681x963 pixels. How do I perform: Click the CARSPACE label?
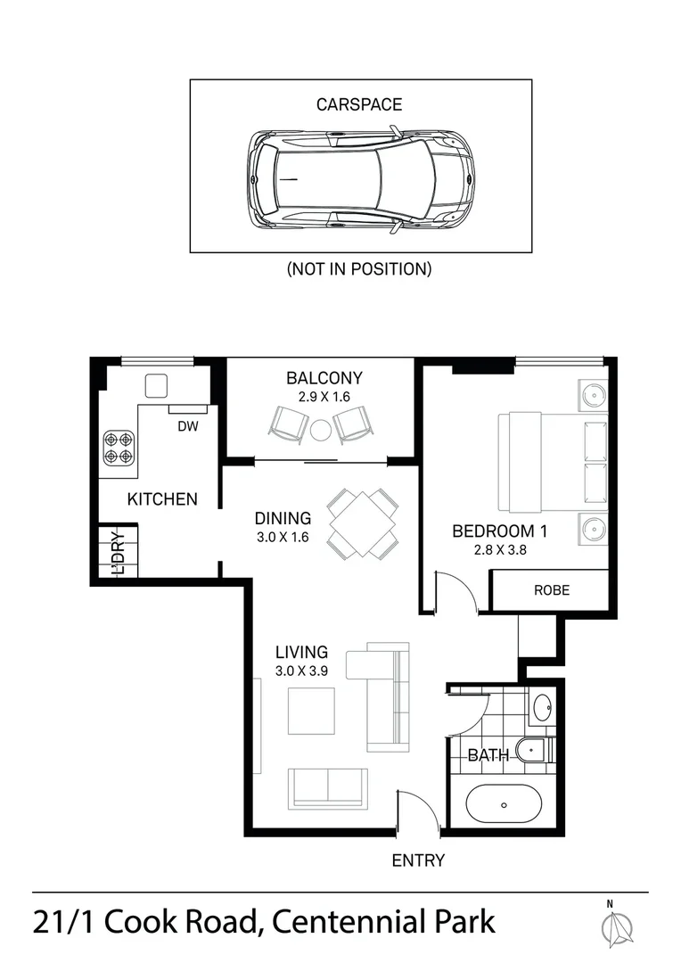359,104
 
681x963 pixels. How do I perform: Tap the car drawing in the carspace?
361,178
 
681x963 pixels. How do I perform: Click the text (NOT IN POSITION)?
359,268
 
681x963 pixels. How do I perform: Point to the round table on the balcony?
321,430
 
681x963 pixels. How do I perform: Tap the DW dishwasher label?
187,426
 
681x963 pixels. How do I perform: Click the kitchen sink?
157,385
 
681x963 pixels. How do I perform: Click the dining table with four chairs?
361,523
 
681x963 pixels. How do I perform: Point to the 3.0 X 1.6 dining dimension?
282,538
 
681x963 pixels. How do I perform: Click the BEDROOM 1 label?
500,531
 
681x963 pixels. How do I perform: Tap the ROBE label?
551,590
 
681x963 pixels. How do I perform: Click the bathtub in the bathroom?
504,804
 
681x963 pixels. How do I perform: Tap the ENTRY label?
418,860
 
